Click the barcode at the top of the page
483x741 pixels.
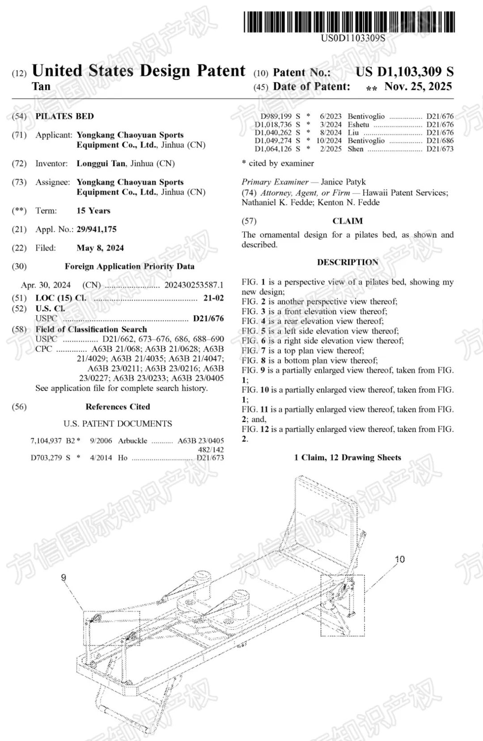pos(349,22)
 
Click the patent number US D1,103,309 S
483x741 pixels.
pos(404,72)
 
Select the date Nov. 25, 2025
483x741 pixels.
pos(418,87)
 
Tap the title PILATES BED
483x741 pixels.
pos(64,117)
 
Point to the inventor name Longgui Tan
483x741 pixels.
pos(101,164)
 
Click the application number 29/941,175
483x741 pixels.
pos(97,229)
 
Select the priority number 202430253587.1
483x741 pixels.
pos(194,285)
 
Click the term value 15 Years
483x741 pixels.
pos(93,211)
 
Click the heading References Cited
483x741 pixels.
pos(118,407)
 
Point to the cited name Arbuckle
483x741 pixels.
pos(132,441)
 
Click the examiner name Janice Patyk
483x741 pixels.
pos(343,182)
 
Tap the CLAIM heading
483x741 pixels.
pos(347,221)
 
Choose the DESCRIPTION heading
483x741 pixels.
pos(347,262)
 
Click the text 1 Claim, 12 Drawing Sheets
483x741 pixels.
pos(347,458)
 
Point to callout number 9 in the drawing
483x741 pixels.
pos(64,578)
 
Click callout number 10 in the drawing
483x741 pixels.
pos(399,559)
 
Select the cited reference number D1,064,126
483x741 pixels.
pos(273,149)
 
